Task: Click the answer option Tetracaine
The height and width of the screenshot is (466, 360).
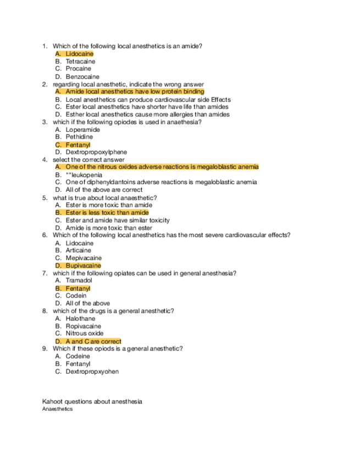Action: point(80,62)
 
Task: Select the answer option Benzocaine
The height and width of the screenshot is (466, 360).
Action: point(82,77)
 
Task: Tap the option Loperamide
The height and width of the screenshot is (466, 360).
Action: point(83,130)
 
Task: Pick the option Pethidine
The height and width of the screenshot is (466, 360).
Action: point(80,137)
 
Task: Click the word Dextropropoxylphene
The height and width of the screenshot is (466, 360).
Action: point(96,152)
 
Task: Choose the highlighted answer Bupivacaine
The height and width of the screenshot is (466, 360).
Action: point(84,266)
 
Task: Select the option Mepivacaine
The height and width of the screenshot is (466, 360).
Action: point(84,258)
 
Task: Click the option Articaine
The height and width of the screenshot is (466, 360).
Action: point(79,251)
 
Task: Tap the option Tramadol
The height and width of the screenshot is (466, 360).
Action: point(79,280)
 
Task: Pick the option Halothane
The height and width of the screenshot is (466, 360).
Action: point(80,319)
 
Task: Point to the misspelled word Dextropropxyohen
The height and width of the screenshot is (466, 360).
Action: point(92,371)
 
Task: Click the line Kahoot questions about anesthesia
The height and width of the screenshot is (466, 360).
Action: point(92,402)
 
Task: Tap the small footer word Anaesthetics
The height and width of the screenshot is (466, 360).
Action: point(57,409)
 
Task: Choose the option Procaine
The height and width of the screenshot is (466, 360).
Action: point(79,69)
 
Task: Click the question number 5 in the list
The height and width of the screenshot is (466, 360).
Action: point(45,197)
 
